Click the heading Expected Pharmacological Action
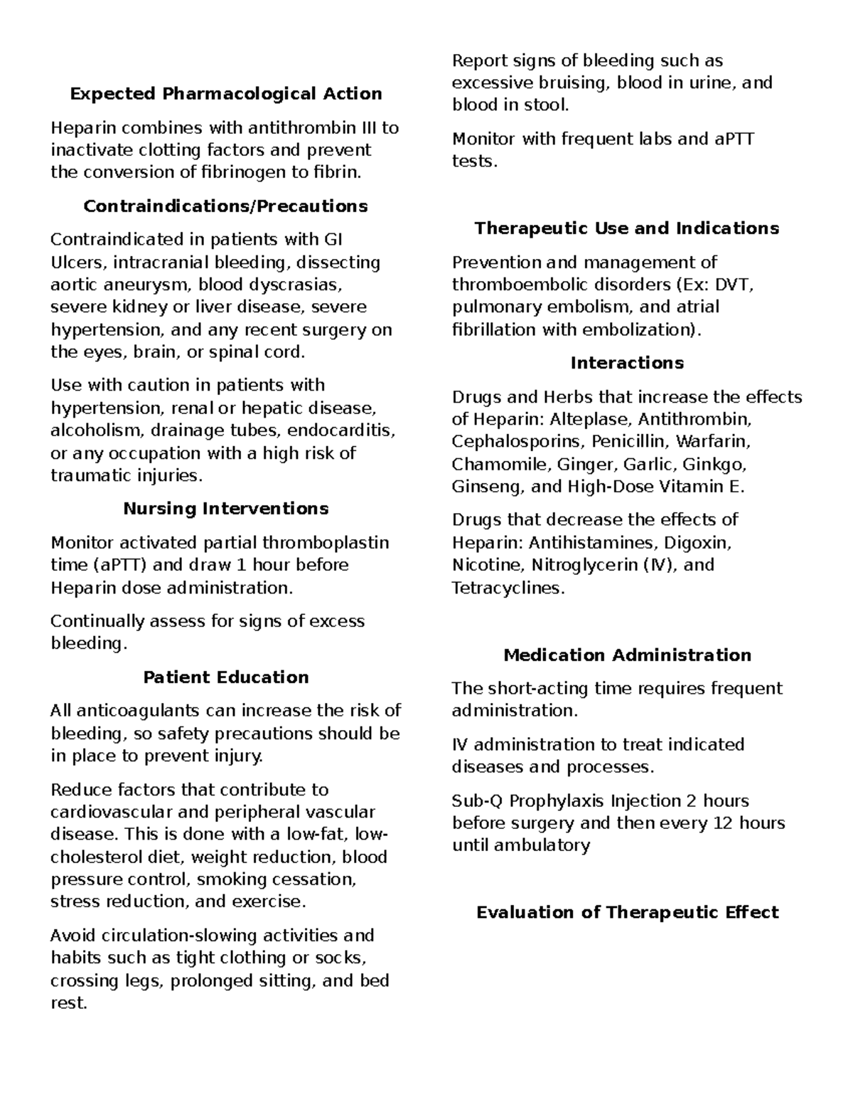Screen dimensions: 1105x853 [x=225, y=94]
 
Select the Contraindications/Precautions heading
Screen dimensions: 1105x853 [x=225, y=206]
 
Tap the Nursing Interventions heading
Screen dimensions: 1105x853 [x=225, y=509]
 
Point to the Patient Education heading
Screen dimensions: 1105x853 [x=225, y=677]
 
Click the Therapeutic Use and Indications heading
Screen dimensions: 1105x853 [x=626, y=228]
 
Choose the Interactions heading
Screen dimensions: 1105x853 [x=626, y=364]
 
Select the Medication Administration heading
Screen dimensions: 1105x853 [x=626, y=655]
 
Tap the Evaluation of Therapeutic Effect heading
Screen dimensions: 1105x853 [x=626, y=913]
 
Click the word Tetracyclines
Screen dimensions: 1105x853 [x=508, y=588]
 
